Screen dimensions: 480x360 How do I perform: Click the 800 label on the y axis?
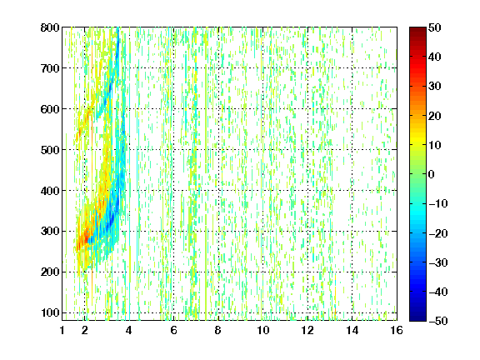[x=50, y=27]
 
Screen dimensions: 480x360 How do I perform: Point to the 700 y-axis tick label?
[x=50, y=68]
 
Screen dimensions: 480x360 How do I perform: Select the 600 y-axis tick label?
[x=50, y=109]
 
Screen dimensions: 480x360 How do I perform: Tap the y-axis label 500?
[x=50, y=150]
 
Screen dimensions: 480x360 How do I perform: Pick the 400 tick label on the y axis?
[x=50, y=191]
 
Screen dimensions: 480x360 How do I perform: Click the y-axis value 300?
[x=50, y=231]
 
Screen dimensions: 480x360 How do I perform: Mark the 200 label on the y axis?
[x=50, y=272]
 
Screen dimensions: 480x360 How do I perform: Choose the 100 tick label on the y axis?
[x=50, y=312]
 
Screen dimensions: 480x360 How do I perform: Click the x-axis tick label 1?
[x=62, y=330]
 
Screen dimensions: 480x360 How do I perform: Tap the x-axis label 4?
[x=129, y=330]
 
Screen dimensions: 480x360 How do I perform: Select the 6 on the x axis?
[x=173, y=330]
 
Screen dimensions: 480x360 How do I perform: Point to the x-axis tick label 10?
[x=263, y=330]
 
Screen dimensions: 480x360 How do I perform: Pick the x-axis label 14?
[x=352, y=330]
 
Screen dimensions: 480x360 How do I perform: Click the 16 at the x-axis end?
[x=397, y=330]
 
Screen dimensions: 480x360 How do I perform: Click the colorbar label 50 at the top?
[x=435, y=27]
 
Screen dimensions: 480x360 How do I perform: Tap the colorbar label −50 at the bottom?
[x=438, y=321]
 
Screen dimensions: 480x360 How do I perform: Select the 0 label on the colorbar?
[x=432, y=174]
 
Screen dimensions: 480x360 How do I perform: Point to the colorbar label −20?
[x=438, y=233]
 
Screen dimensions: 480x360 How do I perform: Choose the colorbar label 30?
[x=435, y=87]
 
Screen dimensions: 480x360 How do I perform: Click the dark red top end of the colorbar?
[x=417, y=29]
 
